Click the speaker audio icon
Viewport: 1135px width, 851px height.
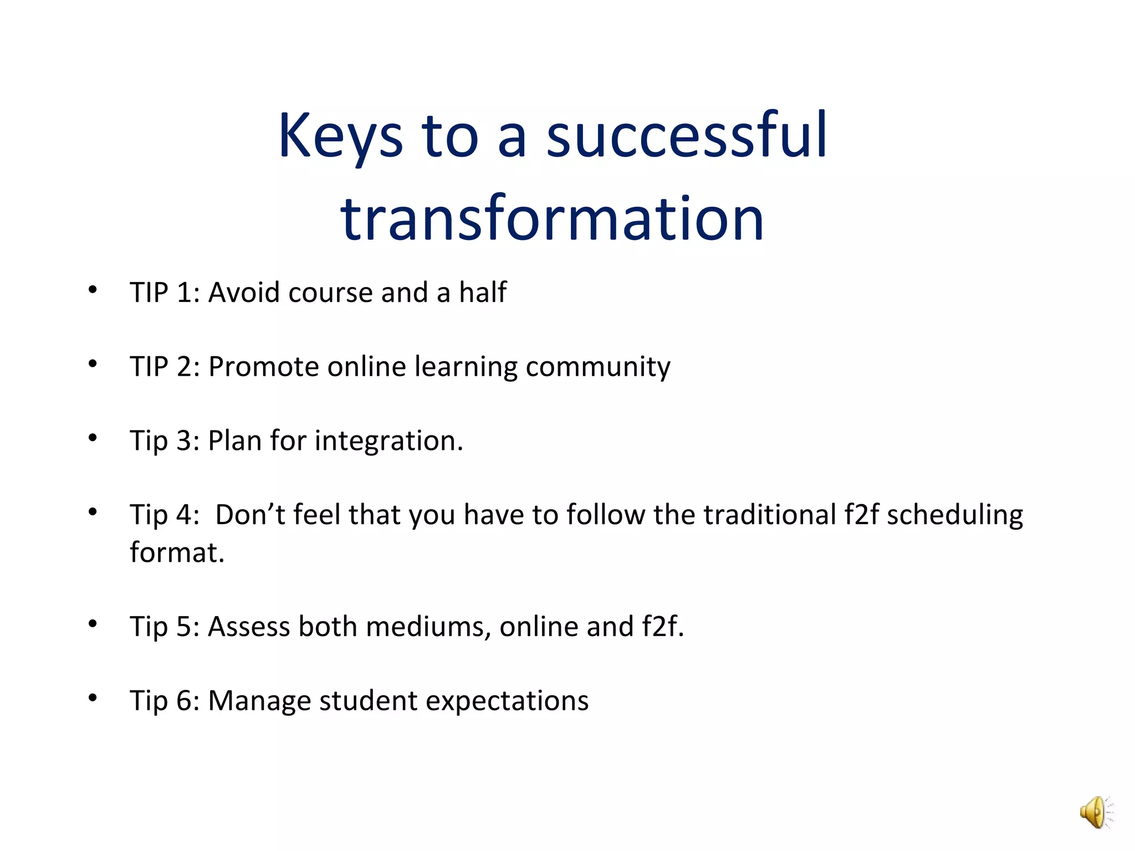pyautogui.click(x=1096, y=812)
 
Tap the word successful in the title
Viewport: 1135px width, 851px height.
pyautogui.click(x=687, y=136)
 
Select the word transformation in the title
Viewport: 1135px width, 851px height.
pyautogui.click(x=552, y=219)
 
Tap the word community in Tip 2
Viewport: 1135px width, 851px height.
pyautogui.click(x=597, y=367)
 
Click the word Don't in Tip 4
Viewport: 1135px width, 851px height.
pyautogui.click(x=249, y=514)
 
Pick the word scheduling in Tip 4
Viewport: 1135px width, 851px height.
pyautogui.click(x=954, y=515)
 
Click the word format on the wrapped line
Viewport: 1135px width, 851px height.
pyautogui.click(x=176, y=552)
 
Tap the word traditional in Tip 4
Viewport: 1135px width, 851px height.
pyautogui.click(x=769, y=514)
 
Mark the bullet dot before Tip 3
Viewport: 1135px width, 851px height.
pyautogui.click(x=93, y=438)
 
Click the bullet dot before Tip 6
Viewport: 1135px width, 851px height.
pyautogui.click(x=93, y=698)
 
